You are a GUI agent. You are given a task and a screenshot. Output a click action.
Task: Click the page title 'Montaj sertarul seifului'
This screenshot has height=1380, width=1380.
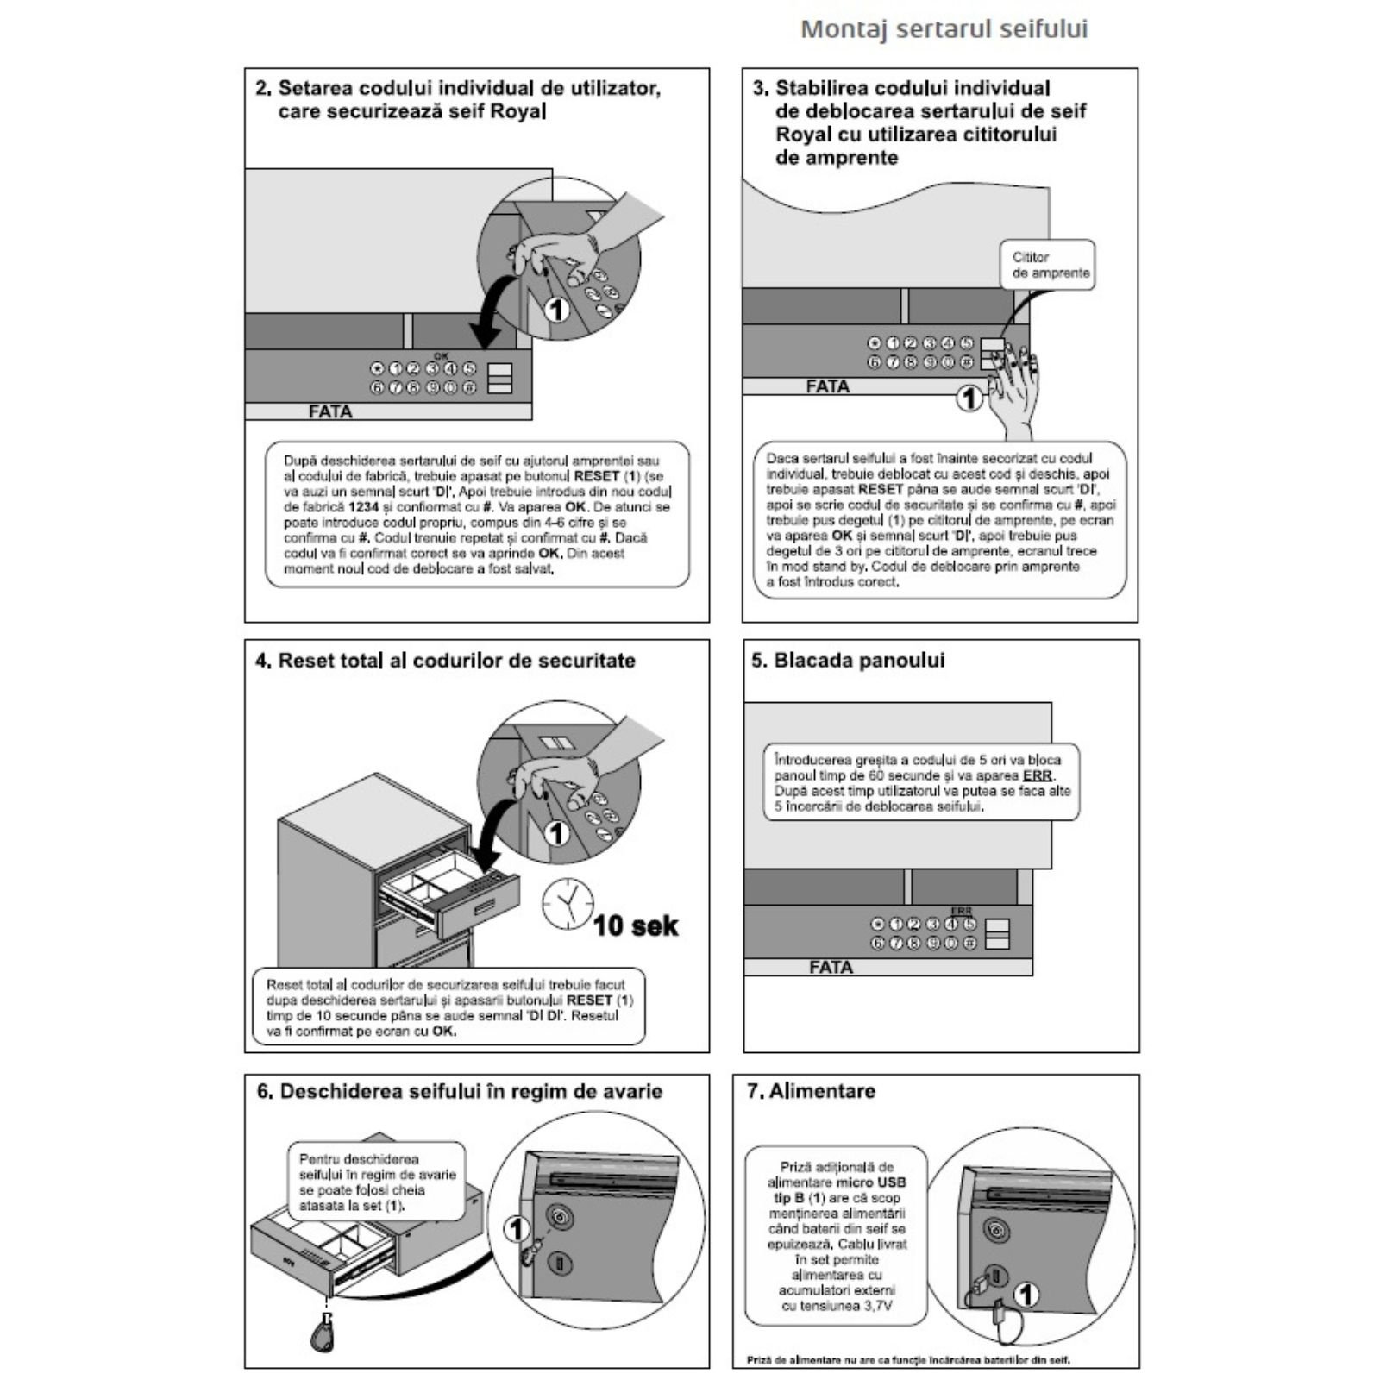tap(944, 29)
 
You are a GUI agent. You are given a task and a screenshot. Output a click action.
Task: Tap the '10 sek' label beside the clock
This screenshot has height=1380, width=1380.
tap(636, 925)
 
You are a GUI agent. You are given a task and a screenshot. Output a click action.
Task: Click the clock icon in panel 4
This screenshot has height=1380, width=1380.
tap(567, 903)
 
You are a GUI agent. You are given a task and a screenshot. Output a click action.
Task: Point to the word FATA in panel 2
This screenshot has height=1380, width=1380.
tap(330, 412)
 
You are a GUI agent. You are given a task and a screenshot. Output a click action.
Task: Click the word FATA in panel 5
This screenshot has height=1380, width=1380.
tap(831, 968)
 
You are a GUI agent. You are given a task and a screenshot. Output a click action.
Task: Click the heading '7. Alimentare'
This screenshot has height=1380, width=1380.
tap(811, 1091)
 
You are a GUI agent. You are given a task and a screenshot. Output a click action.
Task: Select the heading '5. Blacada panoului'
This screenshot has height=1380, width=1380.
tap(848, 661)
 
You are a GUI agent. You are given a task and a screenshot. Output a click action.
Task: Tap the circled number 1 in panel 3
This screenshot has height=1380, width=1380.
tap(970, 398)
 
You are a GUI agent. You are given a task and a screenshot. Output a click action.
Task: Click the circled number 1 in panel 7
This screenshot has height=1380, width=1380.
tap(1026, 1294)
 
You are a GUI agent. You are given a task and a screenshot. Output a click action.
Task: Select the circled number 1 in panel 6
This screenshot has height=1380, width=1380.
tap(516, 1228)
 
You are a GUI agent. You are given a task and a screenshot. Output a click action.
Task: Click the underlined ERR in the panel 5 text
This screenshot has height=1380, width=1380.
tap(1037, 775)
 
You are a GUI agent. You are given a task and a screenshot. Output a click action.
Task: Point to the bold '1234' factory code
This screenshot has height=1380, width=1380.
tap(363, 507)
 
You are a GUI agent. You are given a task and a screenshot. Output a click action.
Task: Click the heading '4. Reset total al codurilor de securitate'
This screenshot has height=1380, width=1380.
tap(445, 661)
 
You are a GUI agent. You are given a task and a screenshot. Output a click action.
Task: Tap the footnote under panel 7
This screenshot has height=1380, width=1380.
tap(907, 1360)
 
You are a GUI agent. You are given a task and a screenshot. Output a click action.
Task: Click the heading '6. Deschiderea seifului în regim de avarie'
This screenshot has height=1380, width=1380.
tap(459, 1092)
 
